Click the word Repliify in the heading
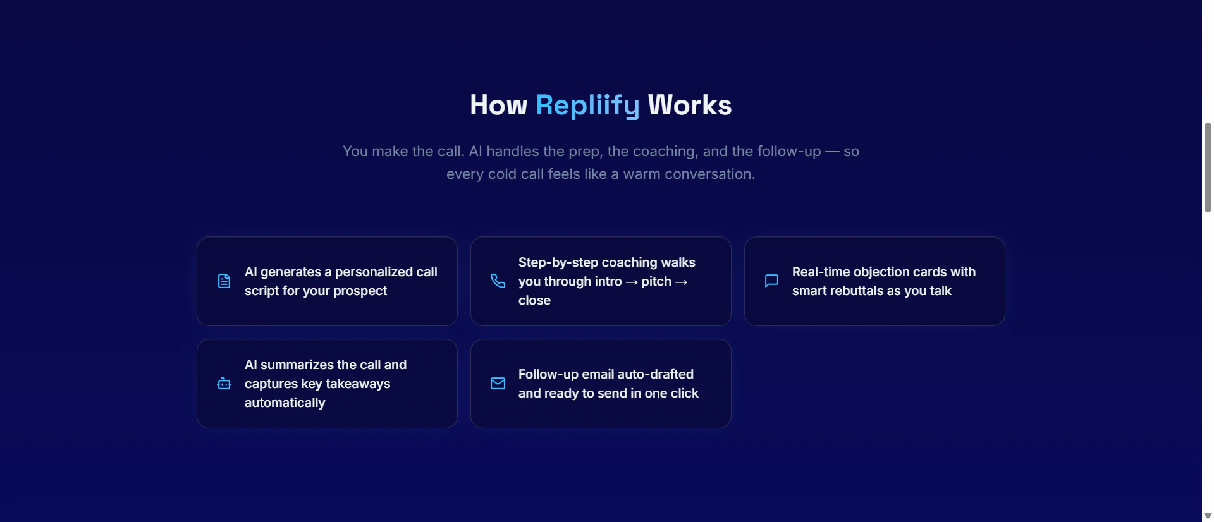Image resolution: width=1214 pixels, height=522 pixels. click(587, 106)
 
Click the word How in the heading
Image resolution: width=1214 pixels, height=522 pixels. click(498, 105)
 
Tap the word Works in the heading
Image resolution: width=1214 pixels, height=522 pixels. click(690, 105)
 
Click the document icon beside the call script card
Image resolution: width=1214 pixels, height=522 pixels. click(224, 281)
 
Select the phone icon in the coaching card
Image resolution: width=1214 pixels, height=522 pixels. click(498, 281)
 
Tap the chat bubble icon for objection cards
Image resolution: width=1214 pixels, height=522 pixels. click(771, 281)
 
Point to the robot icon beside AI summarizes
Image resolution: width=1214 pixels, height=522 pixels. click(224, 384)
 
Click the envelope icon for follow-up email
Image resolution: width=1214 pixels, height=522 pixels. click(498, 384)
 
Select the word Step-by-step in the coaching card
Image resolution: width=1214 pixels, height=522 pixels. click(558, 263)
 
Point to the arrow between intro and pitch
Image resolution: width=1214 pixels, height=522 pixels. click(632, 282)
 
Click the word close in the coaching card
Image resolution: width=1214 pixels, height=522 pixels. click(534, 301)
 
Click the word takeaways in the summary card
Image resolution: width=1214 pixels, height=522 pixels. click(358, 384)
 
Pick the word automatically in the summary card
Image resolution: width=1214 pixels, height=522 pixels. click(285, 403)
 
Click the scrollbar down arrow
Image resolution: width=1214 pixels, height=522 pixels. click(1208, 516)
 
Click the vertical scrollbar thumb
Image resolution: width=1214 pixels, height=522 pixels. click(1208, 167)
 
